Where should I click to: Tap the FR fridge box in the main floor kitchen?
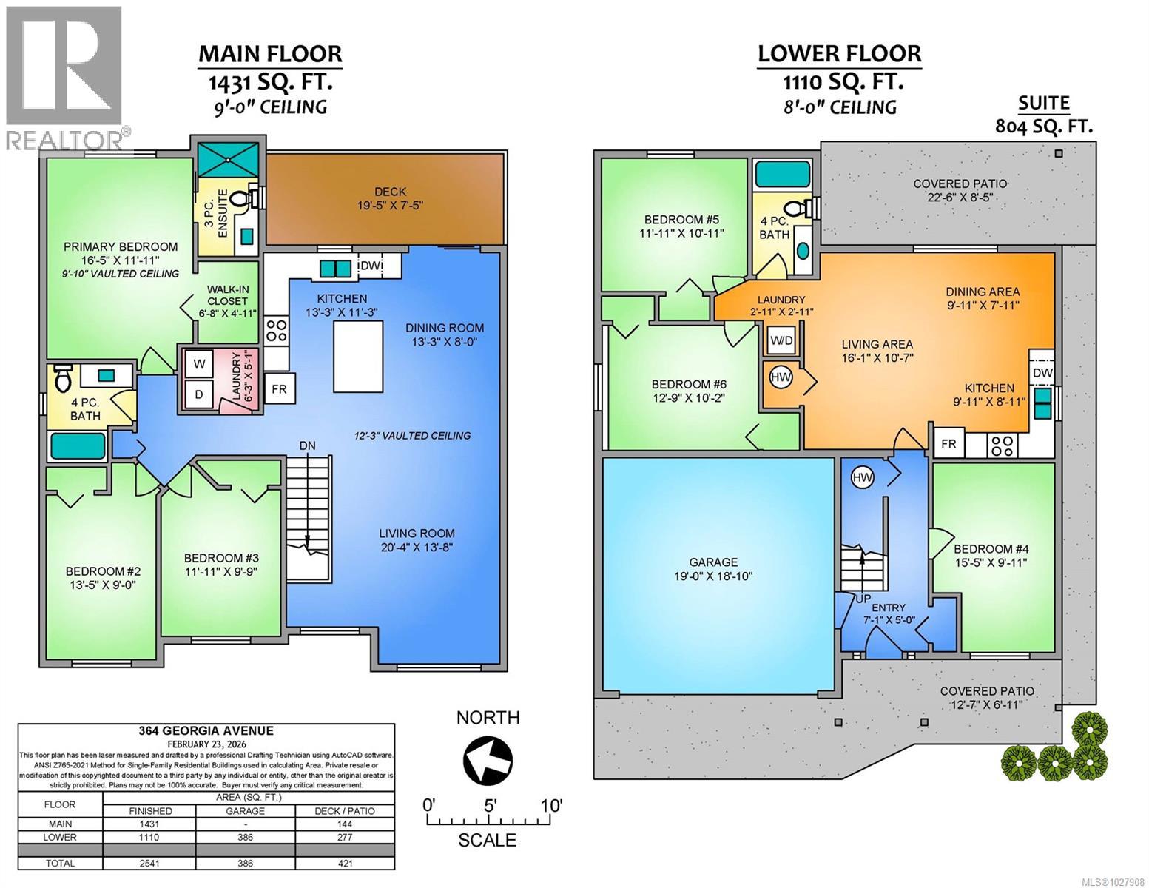point(280,388)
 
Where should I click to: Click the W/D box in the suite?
point(780,341)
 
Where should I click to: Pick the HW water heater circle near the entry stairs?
point(862,477)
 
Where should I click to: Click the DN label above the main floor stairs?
point(307,445)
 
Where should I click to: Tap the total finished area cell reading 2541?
point(149,863)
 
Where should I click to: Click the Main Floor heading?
point(270,54)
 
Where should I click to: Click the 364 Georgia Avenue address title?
point(206,730)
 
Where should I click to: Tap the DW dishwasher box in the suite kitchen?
point(1042,372)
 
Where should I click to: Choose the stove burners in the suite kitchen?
point(1003,445)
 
